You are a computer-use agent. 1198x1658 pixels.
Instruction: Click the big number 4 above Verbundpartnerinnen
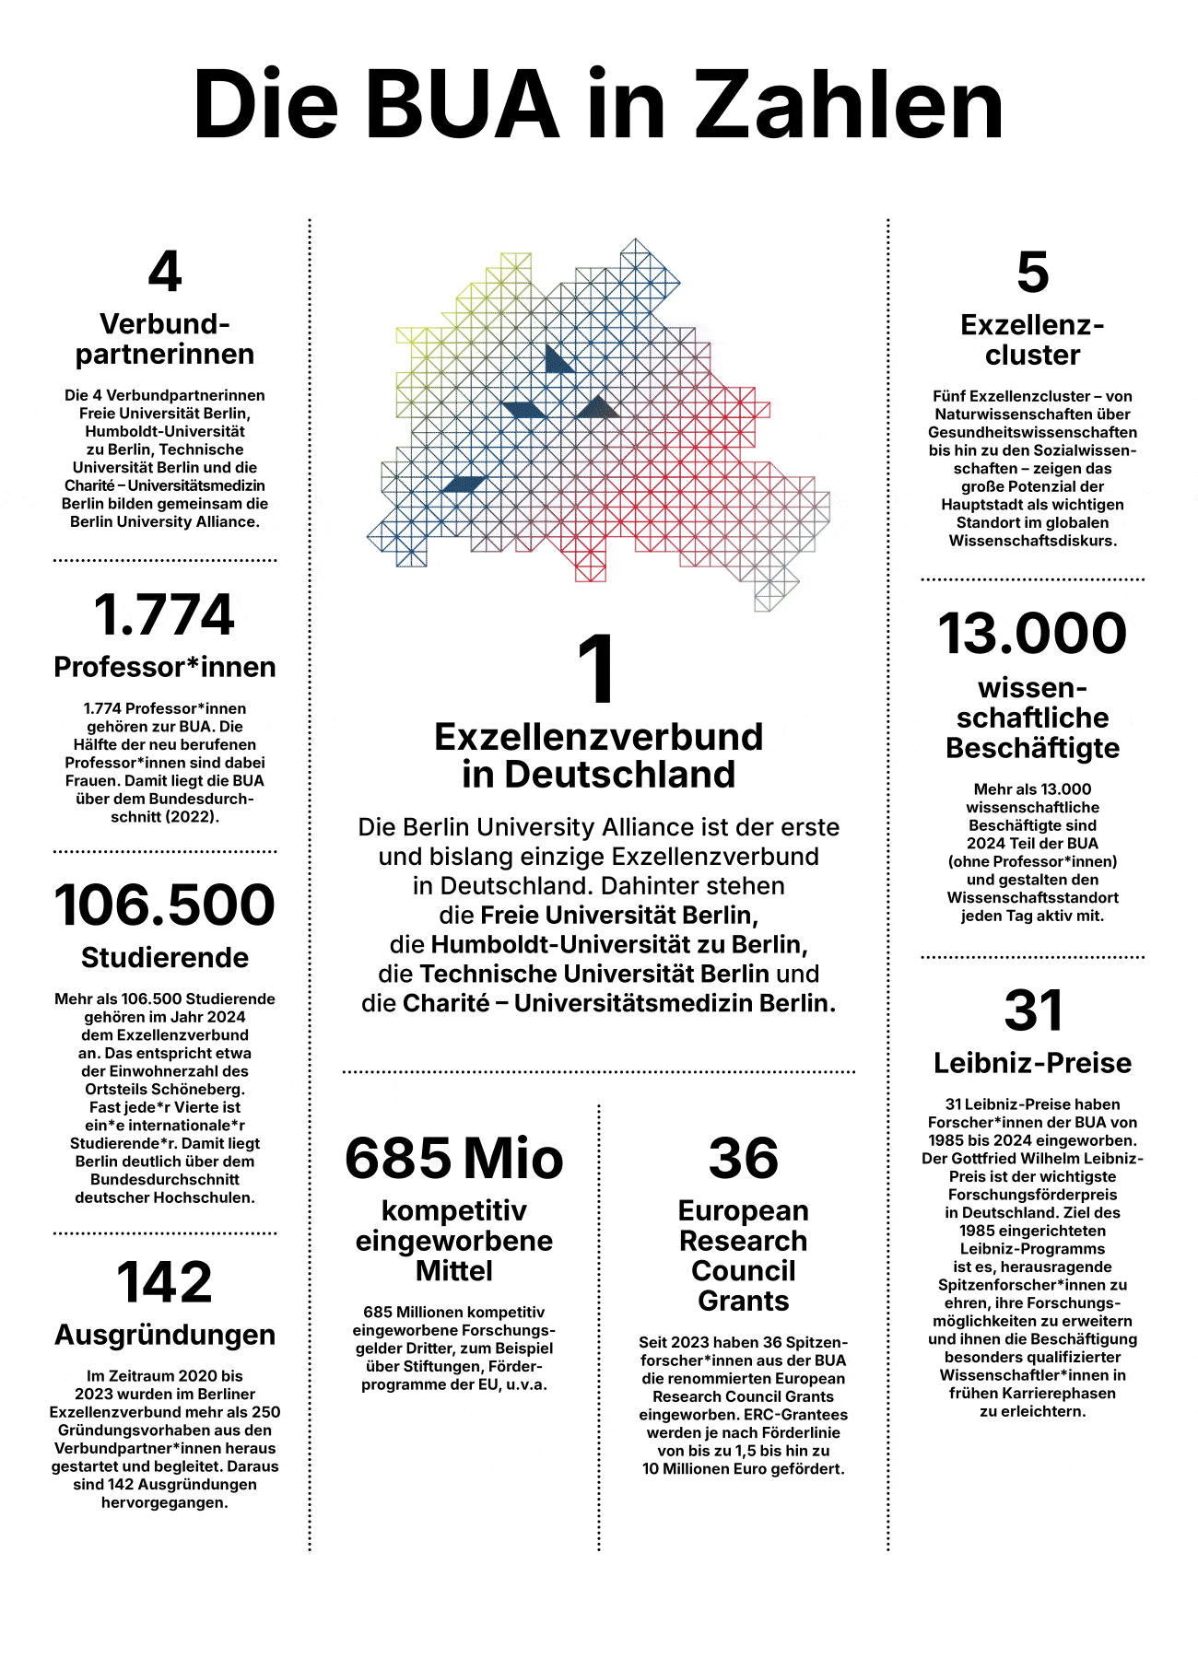[165, 272]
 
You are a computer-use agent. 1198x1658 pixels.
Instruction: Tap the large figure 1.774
[165, 615]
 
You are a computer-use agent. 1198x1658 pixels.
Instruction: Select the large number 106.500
[165, 905]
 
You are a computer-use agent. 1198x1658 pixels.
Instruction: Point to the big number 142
[165, 1282]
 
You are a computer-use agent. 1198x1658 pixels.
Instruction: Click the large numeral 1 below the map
[597, 670]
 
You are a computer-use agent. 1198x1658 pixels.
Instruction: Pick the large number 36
[743, 1159]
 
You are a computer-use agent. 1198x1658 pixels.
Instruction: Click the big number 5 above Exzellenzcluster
[1032, 273]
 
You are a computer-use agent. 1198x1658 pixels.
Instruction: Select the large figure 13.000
[1032, 635]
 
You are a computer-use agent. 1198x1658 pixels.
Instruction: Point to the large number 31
[1032, 1010]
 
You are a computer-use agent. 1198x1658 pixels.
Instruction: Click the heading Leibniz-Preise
[1032, 1063]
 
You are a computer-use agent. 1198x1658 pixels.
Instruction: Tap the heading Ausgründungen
[165, 1335]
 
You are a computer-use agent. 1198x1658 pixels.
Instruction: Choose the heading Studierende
[165, 958]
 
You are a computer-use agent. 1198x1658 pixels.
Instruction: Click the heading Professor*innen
[165, 667]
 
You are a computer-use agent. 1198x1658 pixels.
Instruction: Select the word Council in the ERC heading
[743, 1271]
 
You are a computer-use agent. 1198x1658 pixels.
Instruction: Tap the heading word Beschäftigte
[1032, 748]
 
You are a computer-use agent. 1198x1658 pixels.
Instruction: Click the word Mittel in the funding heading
[454, 1271]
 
